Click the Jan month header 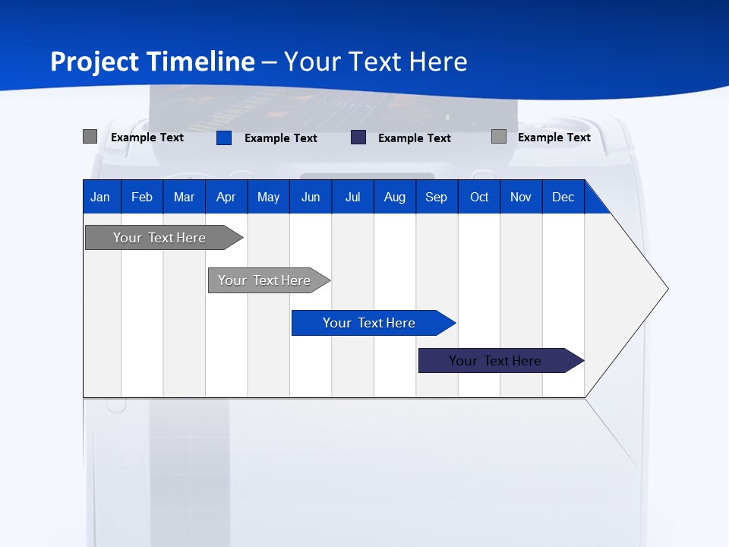100,198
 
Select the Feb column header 142,198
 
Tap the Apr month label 226,198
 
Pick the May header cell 268,198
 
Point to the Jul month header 352,198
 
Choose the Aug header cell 395,198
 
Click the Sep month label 437,198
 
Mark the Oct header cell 479,198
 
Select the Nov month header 521,198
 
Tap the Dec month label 563,198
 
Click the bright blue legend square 224,138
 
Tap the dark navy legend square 358,138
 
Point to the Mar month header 184,198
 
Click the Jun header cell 311,198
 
